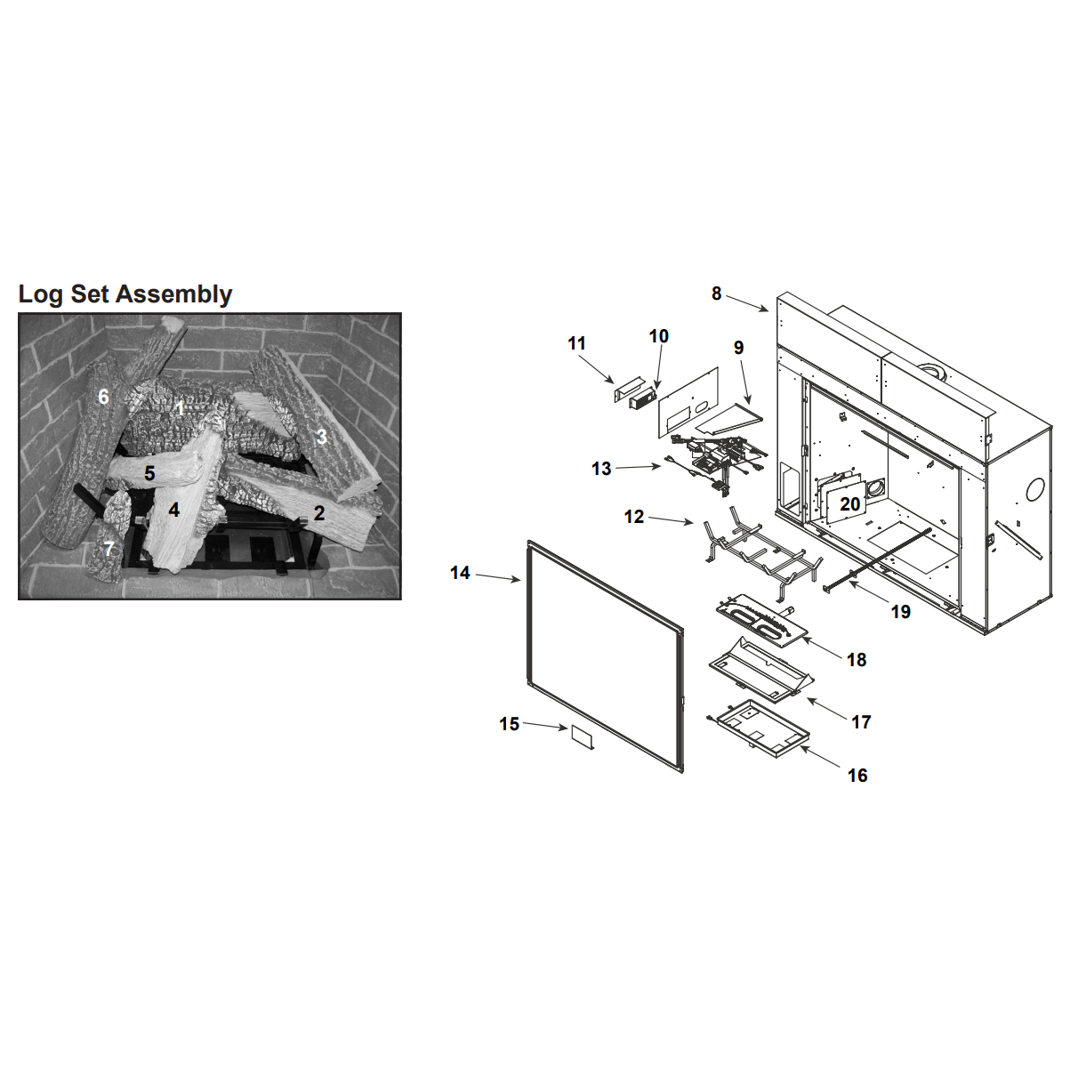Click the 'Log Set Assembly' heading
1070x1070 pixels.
[x=125, y=294]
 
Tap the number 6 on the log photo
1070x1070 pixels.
[x=103, y=397]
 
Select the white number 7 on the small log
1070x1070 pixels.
[x=109, y=549]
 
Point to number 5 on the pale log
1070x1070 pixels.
[x=149, y=474]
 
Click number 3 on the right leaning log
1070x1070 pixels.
[x=322, y=437]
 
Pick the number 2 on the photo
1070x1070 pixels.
[x=318, y=513]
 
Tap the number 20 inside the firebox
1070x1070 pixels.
[x=849, y=503]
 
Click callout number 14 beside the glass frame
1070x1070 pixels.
[x=461, y=573]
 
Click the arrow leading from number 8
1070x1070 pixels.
[x=747, y=303]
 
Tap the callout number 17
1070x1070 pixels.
[x=861, y=722]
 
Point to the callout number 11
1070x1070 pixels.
[x=577, y=343]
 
